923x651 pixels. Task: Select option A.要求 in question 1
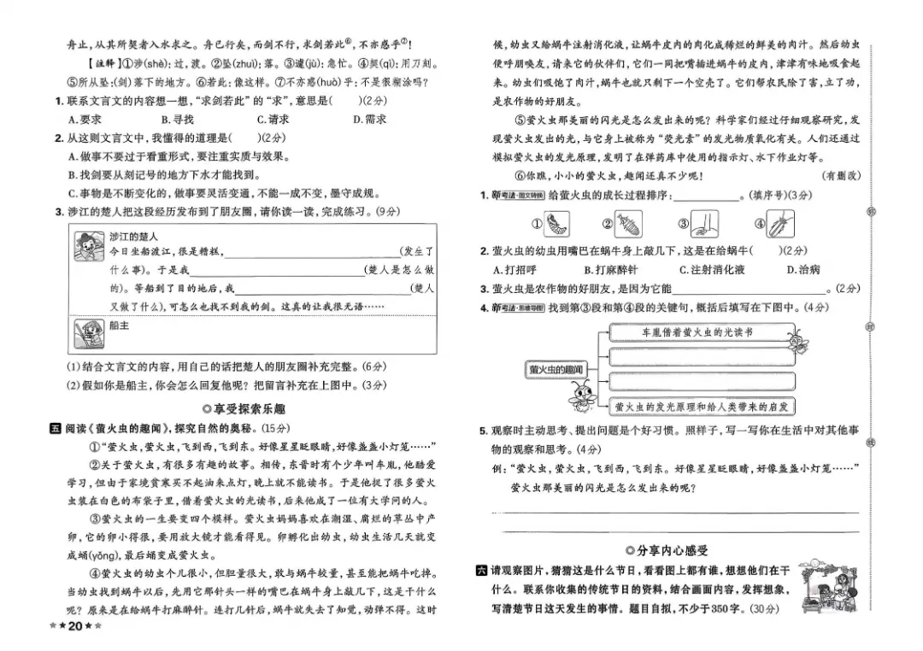(x=85, y=120)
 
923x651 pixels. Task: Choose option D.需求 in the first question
(x=369, y=120)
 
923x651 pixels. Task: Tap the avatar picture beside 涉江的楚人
(x=85, y=248)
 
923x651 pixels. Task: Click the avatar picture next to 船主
(x=85, y=335)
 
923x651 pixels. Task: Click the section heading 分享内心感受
(x=667, y=550)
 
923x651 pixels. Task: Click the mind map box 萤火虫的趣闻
(x=556, y=369)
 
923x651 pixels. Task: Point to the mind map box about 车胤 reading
(x=702, y=331)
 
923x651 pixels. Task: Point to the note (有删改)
(x=840, y=176)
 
